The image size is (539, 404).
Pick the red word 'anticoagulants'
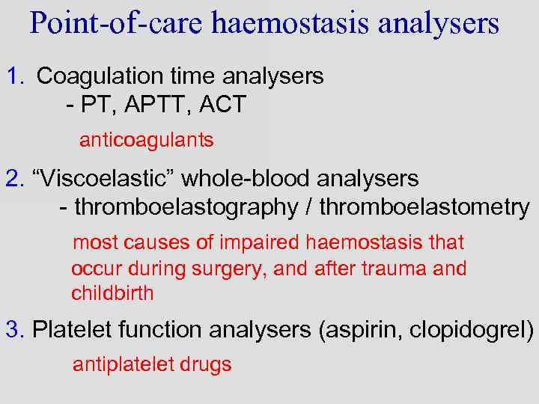tap(147, 140)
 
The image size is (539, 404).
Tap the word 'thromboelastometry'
tap(424, 207)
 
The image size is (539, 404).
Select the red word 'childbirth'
tap(112, 293)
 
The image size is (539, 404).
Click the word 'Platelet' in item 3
tap(72, 329)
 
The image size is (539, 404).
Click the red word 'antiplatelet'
tap(124, 364)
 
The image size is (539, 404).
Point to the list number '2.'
tap(15, 179)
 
